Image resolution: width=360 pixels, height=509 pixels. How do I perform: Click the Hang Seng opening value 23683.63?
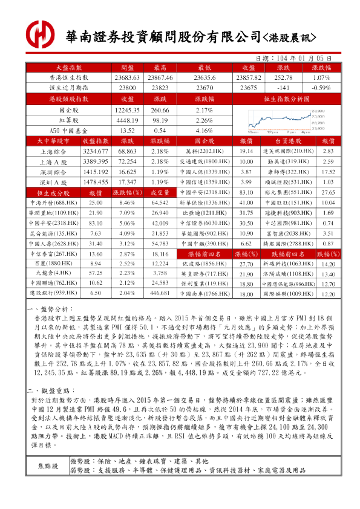[x=126, y=78]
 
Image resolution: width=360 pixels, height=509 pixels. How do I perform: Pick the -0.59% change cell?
[x=321, y=87]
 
